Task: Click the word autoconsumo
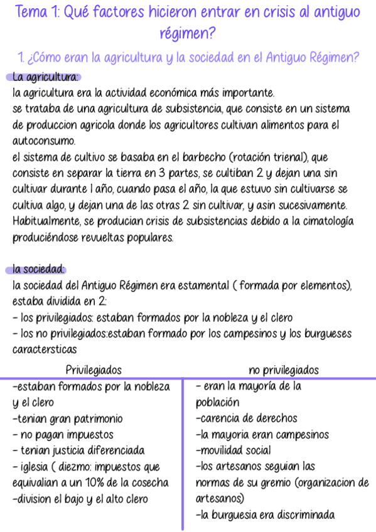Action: pos(43,141)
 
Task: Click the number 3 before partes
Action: pos(158,173)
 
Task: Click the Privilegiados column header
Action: pos(94,370)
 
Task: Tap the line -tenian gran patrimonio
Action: pos(67,418)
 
